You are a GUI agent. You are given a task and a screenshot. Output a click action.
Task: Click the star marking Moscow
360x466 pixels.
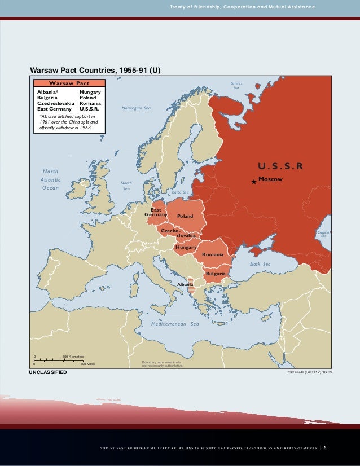click(x=254, y=181)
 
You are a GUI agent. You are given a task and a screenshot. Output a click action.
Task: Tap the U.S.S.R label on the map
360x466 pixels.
click(x=280, y=166)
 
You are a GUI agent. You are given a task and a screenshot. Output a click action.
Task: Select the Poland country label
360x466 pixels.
click(x=185, y=216)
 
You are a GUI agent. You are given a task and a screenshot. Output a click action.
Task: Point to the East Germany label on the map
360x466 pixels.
click(x=156, y=212)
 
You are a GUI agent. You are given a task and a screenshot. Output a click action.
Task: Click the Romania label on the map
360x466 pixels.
click(x=213, y=255)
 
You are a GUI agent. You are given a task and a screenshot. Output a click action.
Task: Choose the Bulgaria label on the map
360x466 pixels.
click(x=216, y=274)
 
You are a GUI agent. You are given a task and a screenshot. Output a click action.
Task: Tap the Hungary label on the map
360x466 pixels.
click(x=186, y=248)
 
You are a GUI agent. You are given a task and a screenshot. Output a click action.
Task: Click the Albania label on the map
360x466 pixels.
click(x=185, y=284)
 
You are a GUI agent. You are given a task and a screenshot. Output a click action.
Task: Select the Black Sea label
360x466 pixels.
click(x=260, y=264)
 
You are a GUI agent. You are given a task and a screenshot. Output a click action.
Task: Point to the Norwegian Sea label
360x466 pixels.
click(x=137, y=108)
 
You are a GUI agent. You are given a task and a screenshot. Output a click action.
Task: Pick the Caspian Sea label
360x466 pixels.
click(x=323, y=234)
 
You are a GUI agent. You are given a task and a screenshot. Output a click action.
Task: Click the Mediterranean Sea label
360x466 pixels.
click(x=175, y=324)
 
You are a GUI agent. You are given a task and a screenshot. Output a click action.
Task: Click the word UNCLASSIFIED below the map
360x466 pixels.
click(x=48, y=373)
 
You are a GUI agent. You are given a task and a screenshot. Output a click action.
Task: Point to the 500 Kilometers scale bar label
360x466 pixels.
click(x=73, y=357)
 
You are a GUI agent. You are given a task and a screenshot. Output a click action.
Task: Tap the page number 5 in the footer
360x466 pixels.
click(x=325, y=449)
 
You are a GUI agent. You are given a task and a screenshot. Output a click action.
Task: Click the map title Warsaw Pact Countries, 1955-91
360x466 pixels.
click(x=95, y=71)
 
